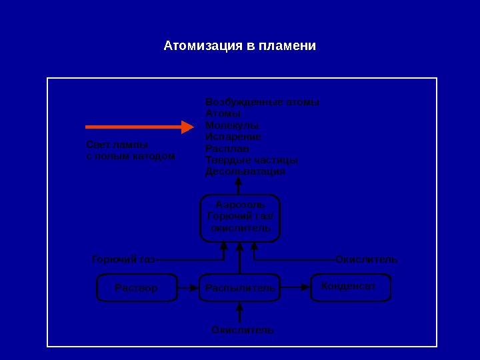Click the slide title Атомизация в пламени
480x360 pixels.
coord(240,47)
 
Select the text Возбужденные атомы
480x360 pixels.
coord(262,103)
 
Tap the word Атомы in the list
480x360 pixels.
coord(223,114)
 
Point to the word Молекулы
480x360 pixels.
coord(232,125)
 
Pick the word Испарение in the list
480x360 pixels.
coord(233,137)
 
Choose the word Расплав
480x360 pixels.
coord(227,149)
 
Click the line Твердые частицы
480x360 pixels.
coord(251,160)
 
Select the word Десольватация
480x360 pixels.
coord(245,171)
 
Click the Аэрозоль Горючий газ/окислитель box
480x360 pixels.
coord(240,217)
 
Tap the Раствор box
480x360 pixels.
coord(136,288)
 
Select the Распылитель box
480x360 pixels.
coord(240,288)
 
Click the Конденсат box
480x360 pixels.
coord(350,287)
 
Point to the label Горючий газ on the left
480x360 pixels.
coord(123,259)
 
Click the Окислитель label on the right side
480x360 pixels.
coord(367,259)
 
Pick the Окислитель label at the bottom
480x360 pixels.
coord(243,330)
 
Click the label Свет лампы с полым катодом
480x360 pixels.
coord(131,151)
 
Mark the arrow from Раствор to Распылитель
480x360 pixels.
coord(188,288)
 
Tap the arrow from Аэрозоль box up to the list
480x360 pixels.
coord(239,186)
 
